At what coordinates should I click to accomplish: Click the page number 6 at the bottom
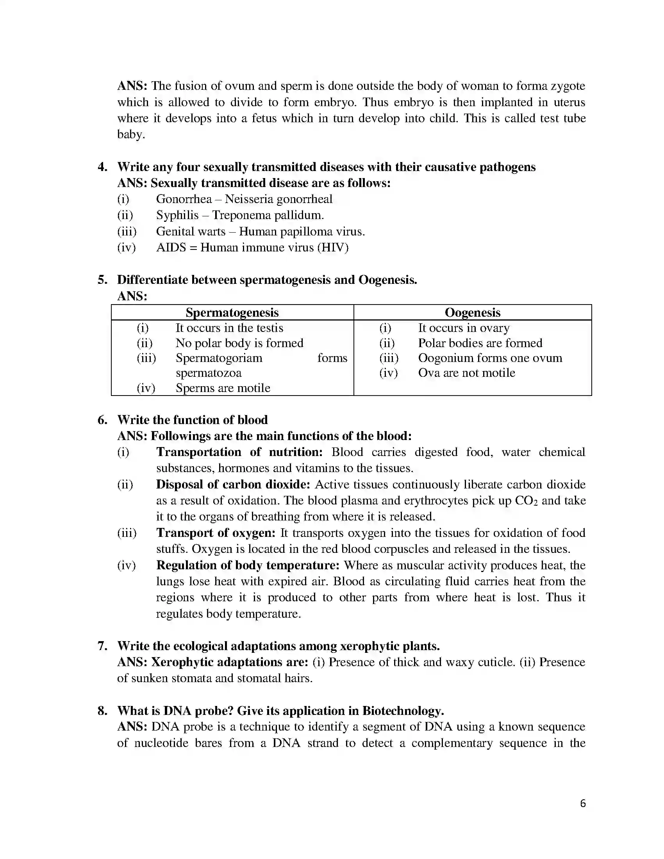(x=583, y=803)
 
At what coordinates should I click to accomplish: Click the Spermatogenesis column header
(x=232, y=312)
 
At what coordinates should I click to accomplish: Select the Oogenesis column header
(x=473, y=312)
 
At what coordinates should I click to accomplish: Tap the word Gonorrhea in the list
(x=184, y=199)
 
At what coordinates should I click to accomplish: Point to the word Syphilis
(x=177, y=215)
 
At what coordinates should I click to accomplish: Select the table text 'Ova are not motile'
(x=466, y=372)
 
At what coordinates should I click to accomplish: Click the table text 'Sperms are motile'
(x=223, y=388)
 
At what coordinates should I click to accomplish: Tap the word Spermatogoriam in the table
(x=219, y=358)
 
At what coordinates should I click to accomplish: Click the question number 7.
(x=102, y=646)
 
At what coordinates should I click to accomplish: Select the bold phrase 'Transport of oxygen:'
(x=216, y=533)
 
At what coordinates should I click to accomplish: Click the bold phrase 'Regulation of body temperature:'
(x=247, y=565)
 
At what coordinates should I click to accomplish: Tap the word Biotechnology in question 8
(x=402, y=711)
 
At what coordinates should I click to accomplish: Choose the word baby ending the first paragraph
(x=130, y=135)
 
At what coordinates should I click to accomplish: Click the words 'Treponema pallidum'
(x=268, y=215)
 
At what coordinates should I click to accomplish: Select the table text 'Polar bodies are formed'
(x=480, y=343)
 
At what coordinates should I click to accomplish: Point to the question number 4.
(x=102, y=167)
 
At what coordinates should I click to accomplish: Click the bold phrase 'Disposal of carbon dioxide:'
(x=233, y=484)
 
